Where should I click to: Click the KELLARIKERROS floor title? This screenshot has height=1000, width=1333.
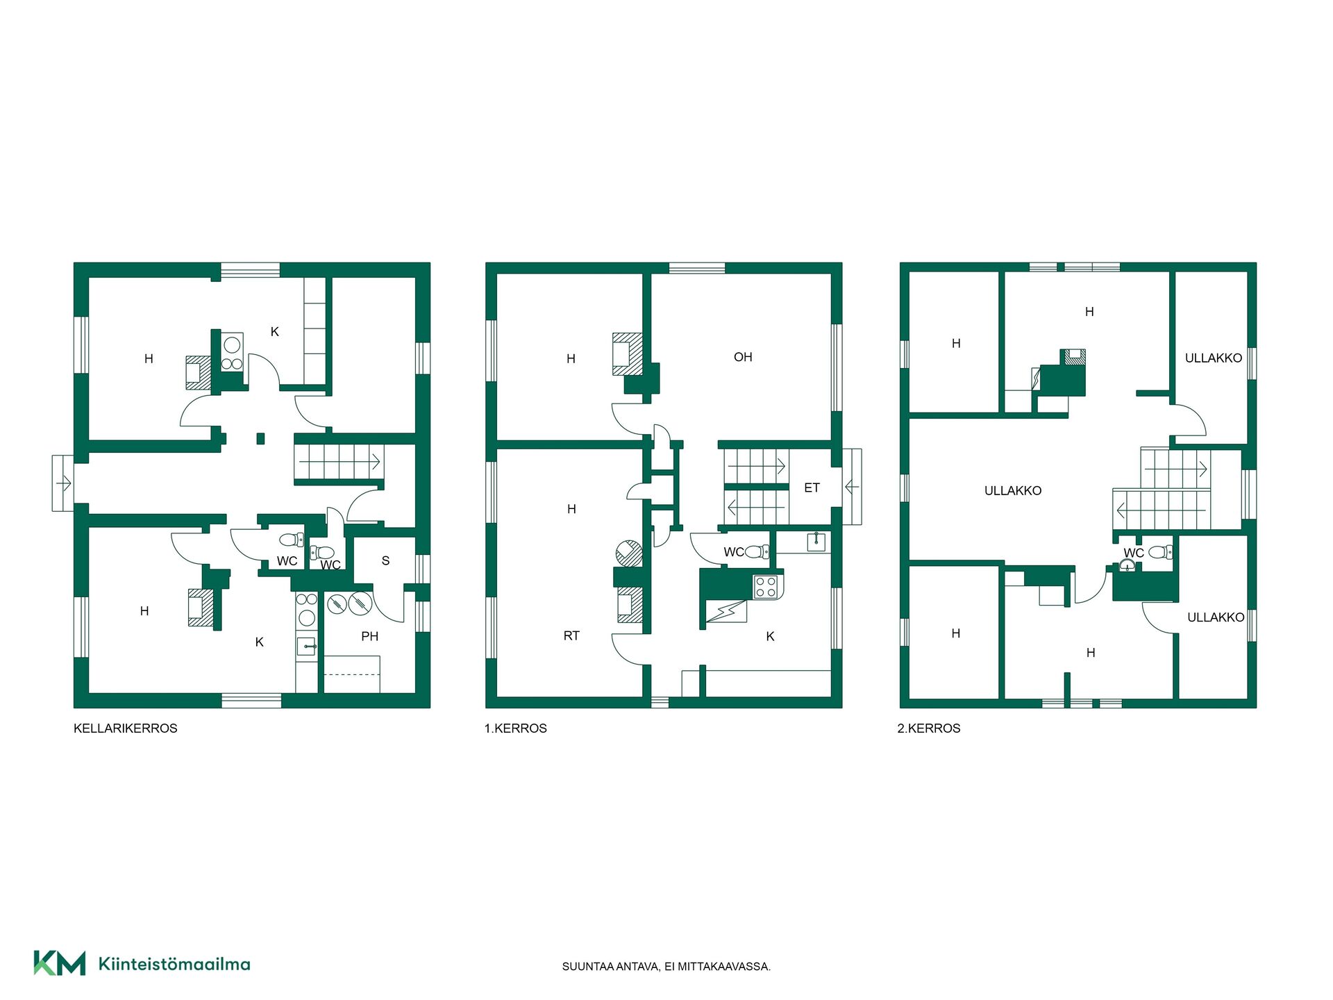click(126, 728)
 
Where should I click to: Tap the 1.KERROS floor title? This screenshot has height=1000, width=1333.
click(516, 728)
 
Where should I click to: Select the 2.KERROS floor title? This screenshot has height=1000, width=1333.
click(929, 728)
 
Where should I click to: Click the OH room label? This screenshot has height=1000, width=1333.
click(743, 357)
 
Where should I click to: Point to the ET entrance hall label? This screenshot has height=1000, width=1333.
click(812, 488)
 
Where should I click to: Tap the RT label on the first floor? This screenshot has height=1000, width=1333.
click(571, 636)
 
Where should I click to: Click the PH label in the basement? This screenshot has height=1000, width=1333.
click(370, 636)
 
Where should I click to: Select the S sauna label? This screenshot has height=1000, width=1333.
click(386, 560)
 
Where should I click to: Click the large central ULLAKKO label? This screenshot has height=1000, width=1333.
click(1013, 491)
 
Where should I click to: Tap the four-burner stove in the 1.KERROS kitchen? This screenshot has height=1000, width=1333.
click(766, 587)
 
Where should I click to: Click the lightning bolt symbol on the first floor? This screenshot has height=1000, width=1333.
click(725, 612)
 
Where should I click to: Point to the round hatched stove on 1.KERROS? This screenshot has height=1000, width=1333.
click(628, 553)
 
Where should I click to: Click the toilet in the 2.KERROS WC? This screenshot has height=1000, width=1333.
click(1160, 552)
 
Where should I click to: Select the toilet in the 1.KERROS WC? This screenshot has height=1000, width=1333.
click(757, 552)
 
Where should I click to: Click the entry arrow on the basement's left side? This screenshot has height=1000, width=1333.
click(63, 483)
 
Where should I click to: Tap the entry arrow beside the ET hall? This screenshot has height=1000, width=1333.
click(852, 487)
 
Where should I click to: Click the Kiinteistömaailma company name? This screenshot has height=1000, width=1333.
click(174, 964)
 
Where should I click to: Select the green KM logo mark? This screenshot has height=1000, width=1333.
click(60, 963)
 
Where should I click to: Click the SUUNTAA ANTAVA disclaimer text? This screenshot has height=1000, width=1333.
click(666, 967)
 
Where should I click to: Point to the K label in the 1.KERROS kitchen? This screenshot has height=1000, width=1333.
click(770, 637)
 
